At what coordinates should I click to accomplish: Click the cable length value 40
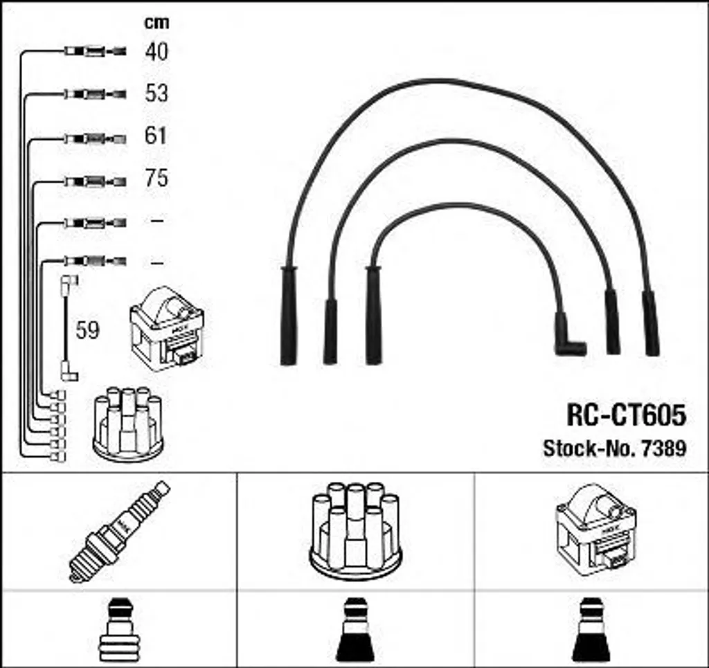(x=156, y=51)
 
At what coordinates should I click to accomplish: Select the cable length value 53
(x=156, y=93)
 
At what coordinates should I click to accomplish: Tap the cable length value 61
(x=156, y=136)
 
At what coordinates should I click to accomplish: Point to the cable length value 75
(x=156, y=179)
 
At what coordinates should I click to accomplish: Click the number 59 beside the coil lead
(x=87, y=331)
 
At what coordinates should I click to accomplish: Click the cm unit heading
(x=156, y=22)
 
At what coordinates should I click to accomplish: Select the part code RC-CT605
(x=626, y=415)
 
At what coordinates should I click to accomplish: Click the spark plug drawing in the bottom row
(x=120, y=531)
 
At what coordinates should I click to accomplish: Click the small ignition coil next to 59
(x=167, y=327)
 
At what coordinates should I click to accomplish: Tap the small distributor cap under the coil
(x=128, y=424)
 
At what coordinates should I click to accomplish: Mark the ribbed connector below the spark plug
(x=120, y=629)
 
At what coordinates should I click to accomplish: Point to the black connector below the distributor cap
(x=355, y=630)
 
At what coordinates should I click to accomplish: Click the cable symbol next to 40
(x=95, y=51)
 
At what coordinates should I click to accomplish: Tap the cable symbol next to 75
(x=95, y=181)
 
